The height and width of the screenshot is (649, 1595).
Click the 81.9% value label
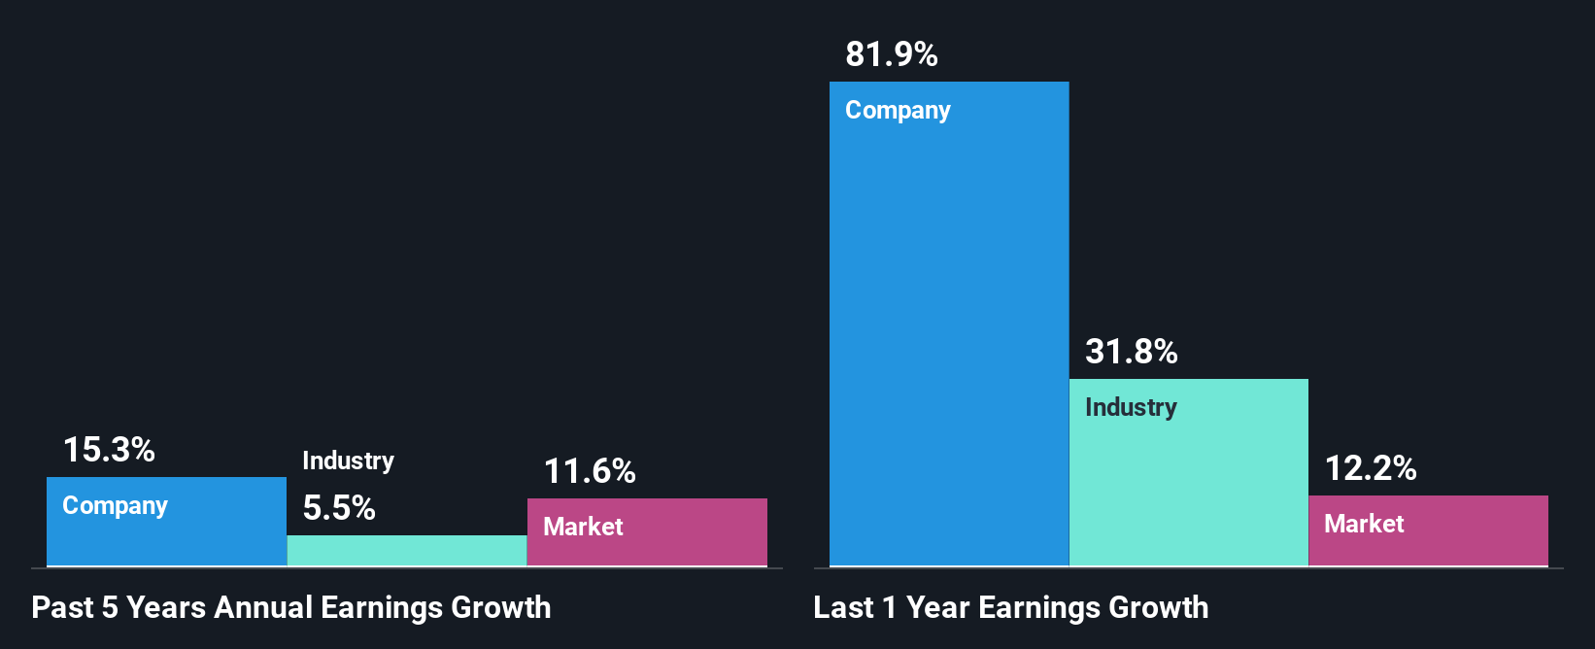891,54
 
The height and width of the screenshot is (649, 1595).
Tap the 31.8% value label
1131,352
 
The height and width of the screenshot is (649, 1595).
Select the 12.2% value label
1370,469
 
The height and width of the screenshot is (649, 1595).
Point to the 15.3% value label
109,450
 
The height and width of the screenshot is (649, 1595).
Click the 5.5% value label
339,508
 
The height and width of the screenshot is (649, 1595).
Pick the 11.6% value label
589,472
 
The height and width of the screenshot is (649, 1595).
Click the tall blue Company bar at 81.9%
948,340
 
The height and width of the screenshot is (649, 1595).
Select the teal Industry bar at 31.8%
1188,486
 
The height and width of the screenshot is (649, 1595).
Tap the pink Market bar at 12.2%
1428,544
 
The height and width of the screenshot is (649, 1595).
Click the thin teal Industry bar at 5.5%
406,551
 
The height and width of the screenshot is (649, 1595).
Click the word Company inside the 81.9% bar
898,111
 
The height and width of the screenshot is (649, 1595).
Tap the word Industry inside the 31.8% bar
1131,408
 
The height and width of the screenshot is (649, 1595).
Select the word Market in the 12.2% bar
1364,525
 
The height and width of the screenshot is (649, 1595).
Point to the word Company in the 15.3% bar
115,506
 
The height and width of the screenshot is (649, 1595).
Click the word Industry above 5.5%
348,461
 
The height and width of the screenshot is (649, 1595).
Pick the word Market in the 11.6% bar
583,528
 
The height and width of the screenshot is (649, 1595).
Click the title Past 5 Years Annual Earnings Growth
290,608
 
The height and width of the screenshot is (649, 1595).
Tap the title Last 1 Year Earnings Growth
1010,608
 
